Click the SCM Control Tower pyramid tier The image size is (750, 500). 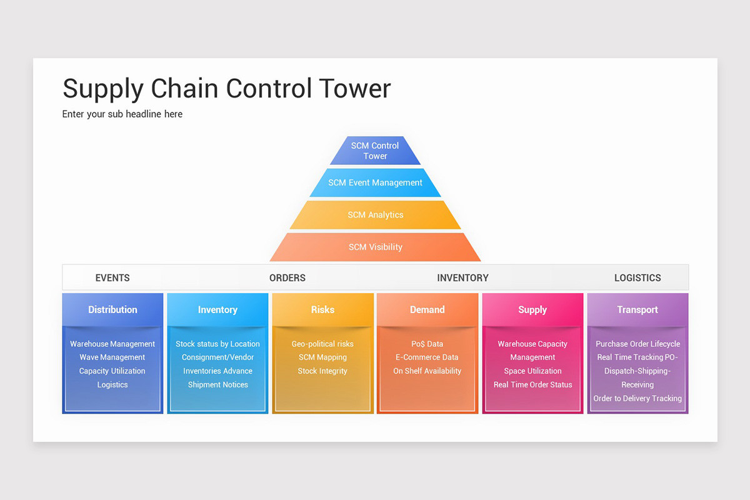point(375,151)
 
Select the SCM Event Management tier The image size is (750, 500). point(375,182)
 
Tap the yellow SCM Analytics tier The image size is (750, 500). point(375,214)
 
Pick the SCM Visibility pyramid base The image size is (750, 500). point(375,247)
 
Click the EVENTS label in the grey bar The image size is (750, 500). point(112,277)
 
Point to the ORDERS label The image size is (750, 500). point(287,277)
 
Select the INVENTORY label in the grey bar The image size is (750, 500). point(462,277)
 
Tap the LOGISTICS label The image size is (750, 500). point(637,277)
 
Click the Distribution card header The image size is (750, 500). point(112,309)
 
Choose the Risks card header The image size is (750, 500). point(322,309)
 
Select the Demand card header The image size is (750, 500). point(427,309)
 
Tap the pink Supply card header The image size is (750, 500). point(532,309)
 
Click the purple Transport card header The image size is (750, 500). point(637,309)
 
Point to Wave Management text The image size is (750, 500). point(112,357)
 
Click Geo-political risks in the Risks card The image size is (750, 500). point(322,344)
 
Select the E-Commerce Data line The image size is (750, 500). point(427,357)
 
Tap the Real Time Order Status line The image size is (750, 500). point(532,384)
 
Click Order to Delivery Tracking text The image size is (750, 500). point(637,398)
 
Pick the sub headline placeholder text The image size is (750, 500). point(122,114)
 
